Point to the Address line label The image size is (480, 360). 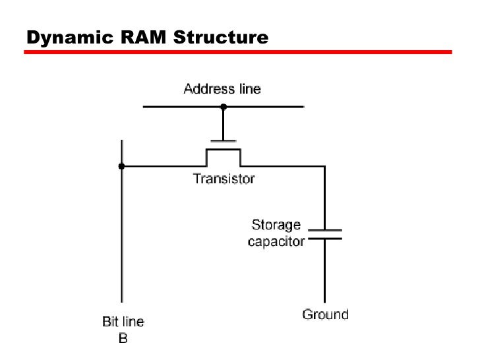[x=222, y=88]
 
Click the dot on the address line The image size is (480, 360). [x=224, y=106]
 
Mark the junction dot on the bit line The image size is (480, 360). [x=121, y=166]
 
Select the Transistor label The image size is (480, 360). [x=224, y=179]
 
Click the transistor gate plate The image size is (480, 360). [x=224, y=140]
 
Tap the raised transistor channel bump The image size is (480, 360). [x=224, y=150]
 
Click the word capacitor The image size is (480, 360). [x=276, y=241]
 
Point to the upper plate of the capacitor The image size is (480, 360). [x=324, y=230]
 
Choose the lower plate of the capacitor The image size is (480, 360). [x=324, y=238]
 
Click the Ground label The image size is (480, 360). [x=325, y=315]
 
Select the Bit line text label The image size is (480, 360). [x=123, y=322]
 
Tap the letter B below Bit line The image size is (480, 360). [x=123, y=338]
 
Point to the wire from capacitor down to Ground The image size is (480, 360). [x=324, y=270]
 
